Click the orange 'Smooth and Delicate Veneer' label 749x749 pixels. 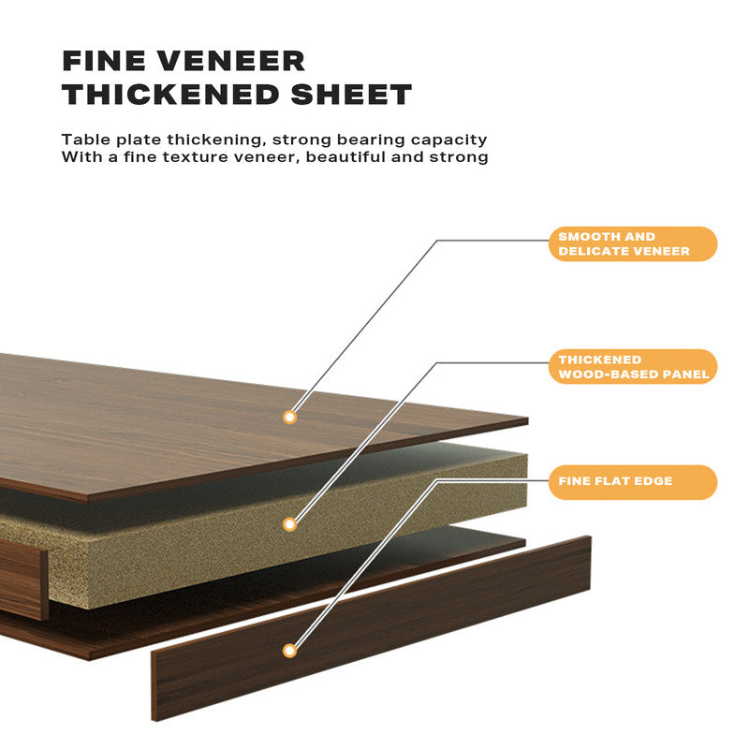tap(633, 243)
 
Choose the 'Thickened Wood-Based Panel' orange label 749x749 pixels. tap(633, 367)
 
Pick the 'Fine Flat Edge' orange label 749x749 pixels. tap(633, 481)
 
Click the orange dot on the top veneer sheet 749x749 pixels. tap(290, 417)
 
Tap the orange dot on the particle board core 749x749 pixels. tap(290, 524)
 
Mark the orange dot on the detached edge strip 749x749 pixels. tap(290, 650)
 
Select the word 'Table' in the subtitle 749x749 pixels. tap(84, 140)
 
